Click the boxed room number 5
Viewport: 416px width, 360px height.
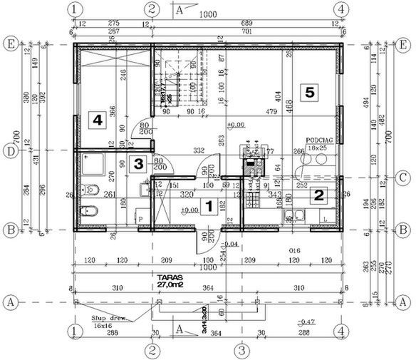click(x=309, y=91)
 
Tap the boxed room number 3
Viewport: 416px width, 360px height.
click(x=140, y=163)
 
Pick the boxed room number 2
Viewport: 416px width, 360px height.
click(x=320, y=194)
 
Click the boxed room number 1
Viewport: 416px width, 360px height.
click(x=209, y=207)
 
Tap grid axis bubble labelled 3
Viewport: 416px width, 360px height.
click(x=242, y=350)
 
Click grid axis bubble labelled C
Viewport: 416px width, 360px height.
click(x=404, y=178)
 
